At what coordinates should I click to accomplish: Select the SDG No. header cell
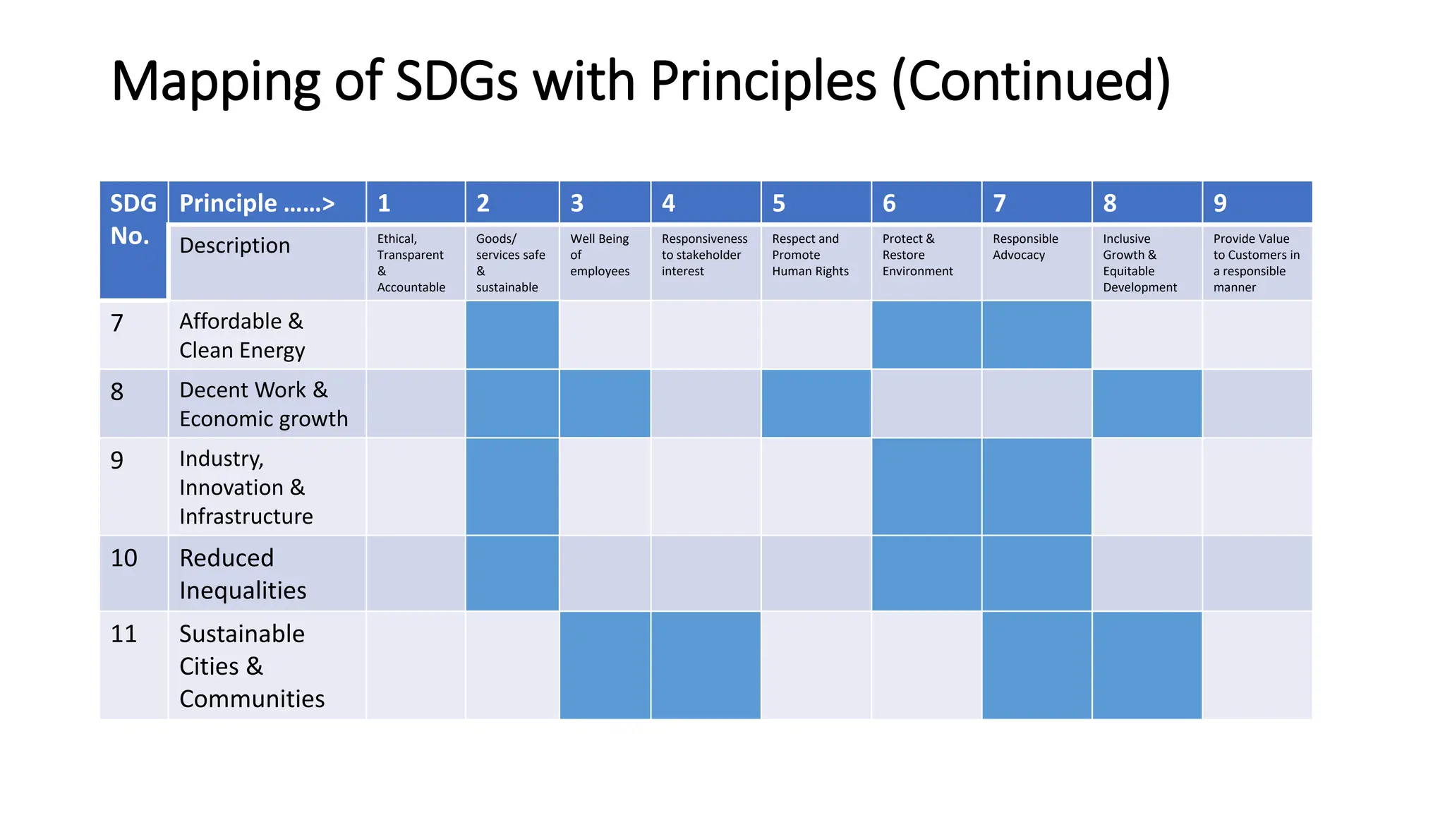(133, 219)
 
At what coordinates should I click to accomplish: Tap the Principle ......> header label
(257, 203)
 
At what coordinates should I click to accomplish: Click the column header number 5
(779, 203)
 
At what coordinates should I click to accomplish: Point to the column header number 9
(1220, 203)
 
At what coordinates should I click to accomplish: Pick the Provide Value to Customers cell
(1256, 263)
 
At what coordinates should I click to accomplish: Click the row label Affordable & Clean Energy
(242, 335)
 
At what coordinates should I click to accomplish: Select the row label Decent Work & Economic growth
(263, 404)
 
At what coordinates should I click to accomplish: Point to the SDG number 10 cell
(124, 558)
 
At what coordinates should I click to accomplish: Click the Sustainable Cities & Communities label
(251, 666)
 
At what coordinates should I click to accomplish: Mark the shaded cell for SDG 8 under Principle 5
(816, 404)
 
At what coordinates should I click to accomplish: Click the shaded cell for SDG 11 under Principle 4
(706, 666)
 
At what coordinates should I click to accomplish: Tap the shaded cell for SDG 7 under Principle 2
(512, 335)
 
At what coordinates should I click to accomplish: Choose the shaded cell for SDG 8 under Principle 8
(1147, 404)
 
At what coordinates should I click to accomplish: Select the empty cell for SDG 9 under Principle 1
(416, 486)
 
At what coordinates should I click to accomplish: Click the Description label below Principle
(235, 246)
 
